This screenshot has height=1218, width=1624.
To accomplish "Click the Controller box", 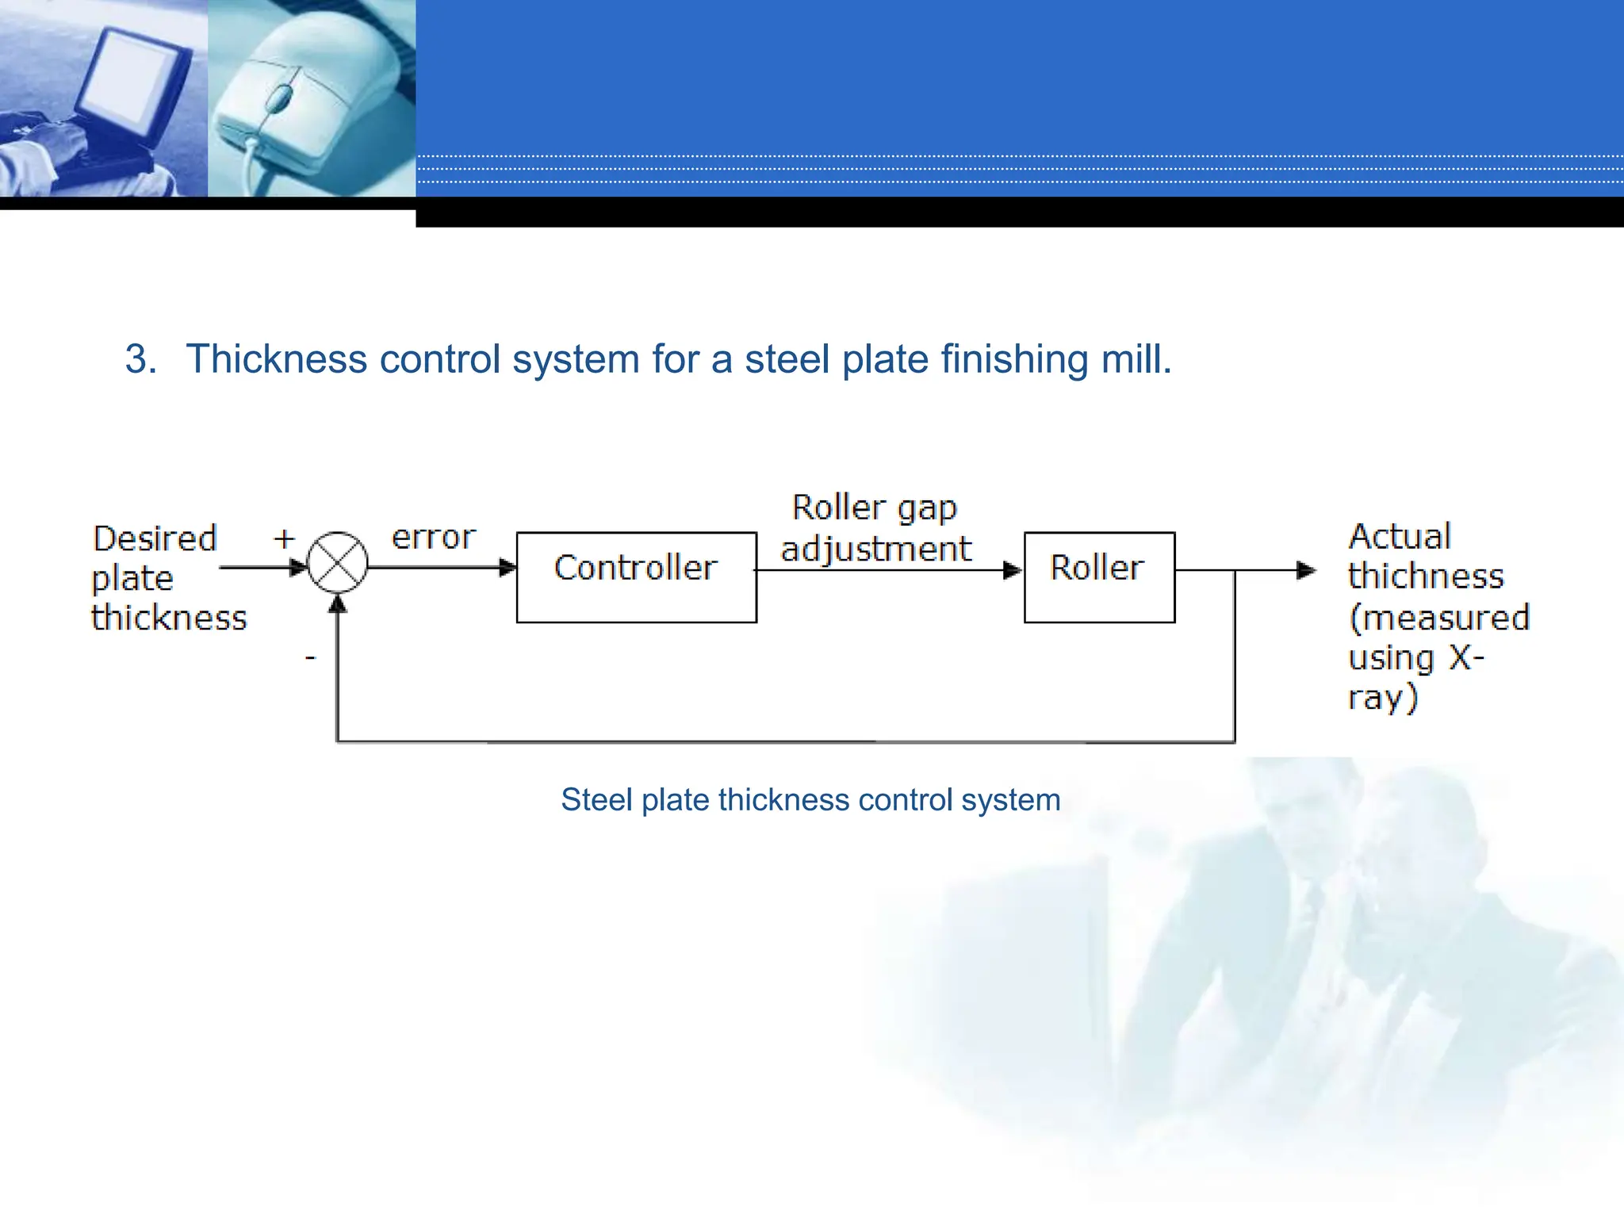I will (x=636, y=576).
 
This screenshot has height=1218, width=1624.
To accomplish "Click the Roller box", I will (x=1098, y=576).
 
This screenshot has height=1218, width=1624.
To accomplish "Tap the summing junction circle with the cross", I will (x=338, y=562).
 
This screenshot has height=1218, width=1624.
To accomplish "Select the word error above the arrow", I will (x=433, y=538).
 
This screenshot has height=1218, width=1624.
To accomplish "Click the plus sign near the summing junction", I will (x=284, y=539).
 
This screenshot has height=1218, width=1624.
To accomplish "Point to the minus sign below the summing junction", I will (x=311, y=657).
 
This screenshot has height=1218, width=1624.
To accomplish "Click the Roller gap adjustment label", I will (x=875, y=528).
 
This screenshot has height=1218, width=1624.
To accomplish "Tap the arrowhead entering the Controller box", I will (x=507, y=568).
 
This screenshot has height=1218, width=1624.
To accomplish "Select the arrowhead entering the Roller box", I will (x=1013, y=570).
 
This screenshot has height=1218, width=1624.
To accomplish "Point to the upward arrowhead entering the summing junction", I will (x=338, y=605).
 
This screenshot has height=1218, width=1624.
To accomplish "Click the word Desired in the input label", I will (x=155, y=538).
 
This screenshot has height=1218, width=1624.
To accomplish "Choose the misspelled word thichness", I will (x=1425, y=576).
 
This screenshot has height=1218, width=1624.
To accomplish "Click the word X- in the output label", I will (x=1466, y=657).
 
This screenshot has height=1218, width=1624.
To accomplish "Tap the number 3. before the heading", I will (x=140, y=359).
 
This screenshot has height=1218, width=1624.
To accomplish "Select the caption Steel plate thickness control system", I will (x=810, y=799).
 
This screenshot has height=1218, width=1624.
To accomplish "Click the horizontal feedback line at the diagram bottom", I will (x=785, y=741).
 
